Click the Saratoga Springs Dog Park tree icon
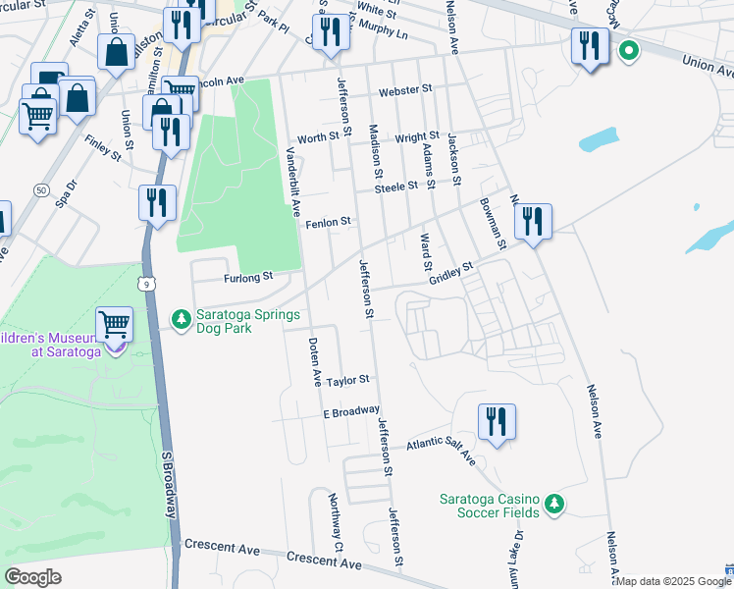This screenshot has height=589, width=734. click(181, 319)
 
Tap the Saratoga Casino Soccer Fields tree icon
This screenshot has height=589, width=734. click(554, 504)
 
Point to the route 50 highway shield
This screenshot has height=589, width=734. click(40, 188)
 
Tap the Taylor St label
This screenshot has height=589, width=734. click(348, 380)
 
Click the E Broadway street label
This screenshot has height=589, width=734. click(351, 411)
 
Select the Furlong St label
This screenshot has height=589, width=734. click(249, 278)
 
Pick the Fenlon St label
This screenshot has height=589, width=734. click(328, 223)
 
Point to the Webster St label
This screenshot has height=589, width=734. click(405, 89)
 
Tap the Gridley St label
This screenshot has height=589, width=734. click(450, 273)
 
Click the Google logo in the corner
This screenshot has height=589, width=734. click(32, 576)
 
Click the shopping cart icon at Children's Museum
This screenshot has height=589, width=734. click(115, 323)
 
